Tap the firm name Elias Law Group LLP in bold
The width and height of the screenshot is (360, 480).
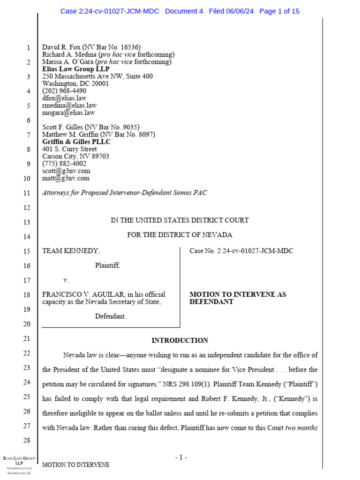click(75, 69)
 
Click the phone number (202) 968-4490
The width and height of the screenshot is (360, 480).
click(64, 91)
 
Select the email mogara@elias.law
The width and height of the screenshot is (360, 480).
click(68, 112)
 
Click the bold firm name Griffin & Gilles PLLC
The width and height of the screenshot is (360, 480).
click(76, 142)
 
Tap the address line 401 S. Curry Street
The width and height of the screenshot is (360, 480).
click(70, 149)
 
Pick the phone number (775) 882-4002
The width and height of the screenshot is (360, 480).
click(64, 164)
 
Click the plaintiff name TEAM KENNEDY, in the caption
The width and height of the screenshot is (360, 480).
click(71, 251)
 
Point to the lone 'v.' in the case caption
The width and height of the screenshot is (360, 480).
click(66, 280)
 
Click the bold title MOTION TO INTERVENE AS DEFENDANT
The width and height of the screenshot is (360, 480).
click(237, 298)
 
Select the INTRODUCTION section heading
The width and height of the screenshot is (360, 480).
click(180, 340)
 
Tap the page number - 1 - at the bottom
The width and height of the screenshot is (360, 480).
click(180, 457)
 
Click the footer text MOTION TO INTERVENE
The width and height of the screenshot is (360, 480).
click(76, 465)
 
